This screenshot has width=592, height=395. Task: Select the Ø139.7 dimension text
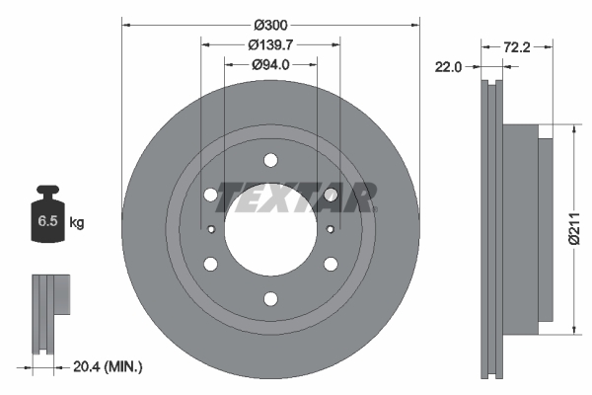point(270,44)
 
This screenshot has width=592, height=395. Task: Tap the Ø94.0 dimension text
point(270,65)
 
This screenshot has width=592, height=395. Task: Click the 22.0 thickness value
point(449,66)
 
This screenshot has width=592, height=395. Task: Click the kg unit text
point(77,223)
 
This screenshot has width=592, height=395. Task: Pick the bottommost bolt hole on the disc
point(270,299)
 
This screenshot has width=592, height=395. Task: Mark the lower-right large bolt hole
point(331,264)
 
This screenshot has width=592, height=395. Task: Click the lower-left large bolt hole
point(210,264)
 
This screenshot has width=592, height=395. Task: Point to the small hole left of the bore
point(212,230)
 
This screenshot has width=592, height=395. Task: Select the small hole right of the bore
point(330,230)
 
